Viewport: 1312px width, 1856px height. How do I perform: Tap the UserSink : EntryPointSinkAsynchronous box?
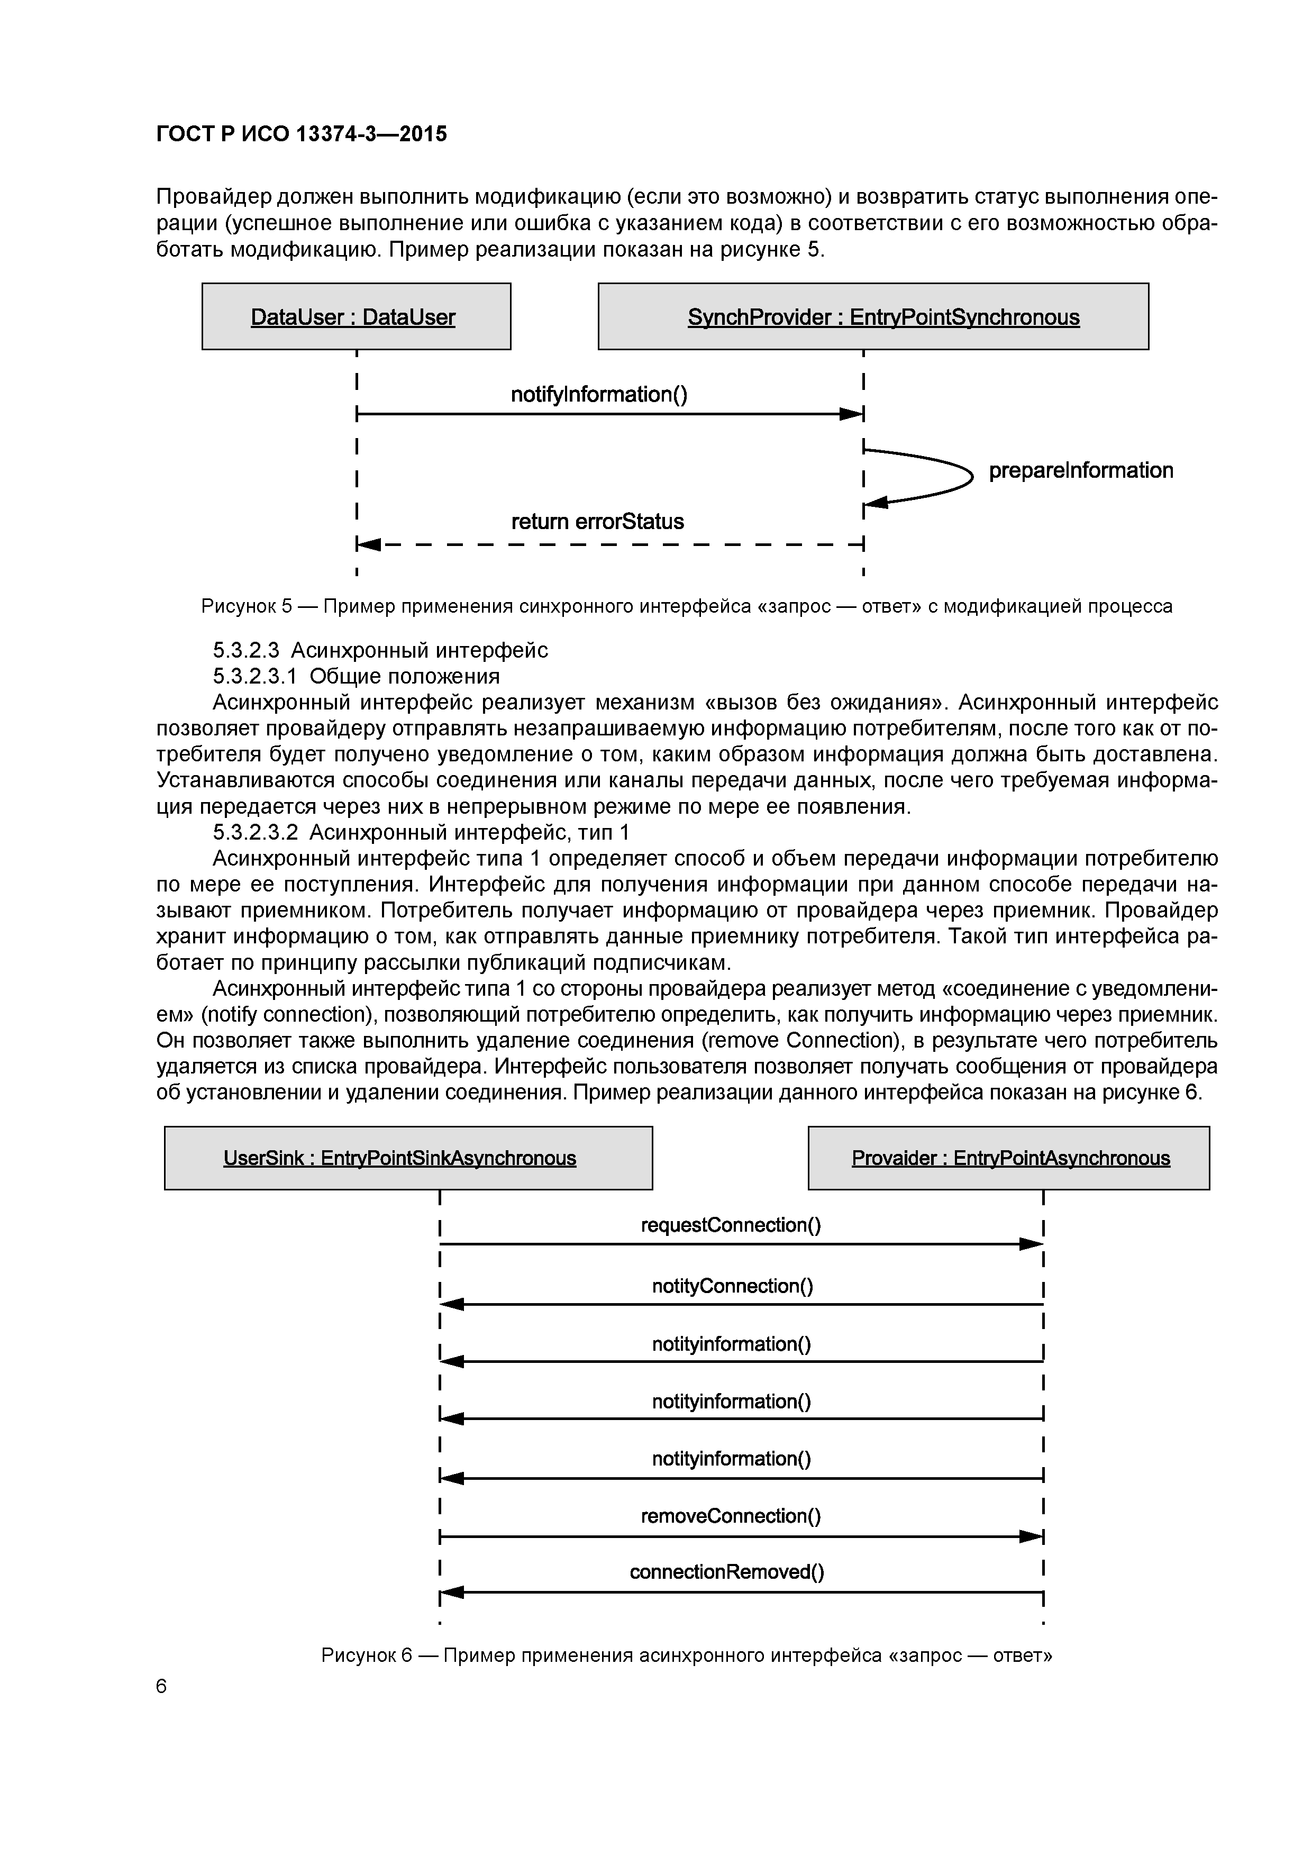[408, 1158]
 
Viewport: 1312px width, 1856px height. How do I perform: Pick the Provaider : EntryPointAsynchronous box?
[1009, 1158]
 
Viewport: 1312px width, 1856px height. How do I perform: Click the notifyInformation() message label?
[599, 395]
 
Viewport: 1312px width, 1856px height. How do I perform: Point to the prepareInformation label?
[1081, 470]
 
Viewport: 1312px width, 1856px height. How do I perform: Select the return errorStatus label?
[597, 521]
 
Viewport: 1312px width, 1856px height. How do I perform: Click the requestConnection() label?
[731, 1225]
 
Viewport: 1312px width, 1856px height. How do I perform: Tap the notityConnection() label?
[732, 1285]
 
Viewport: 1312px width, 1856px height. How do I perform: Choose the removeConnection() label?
[731, 1516]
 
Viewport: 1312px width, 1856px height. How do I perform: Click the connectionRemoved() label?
[727, 1571]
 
